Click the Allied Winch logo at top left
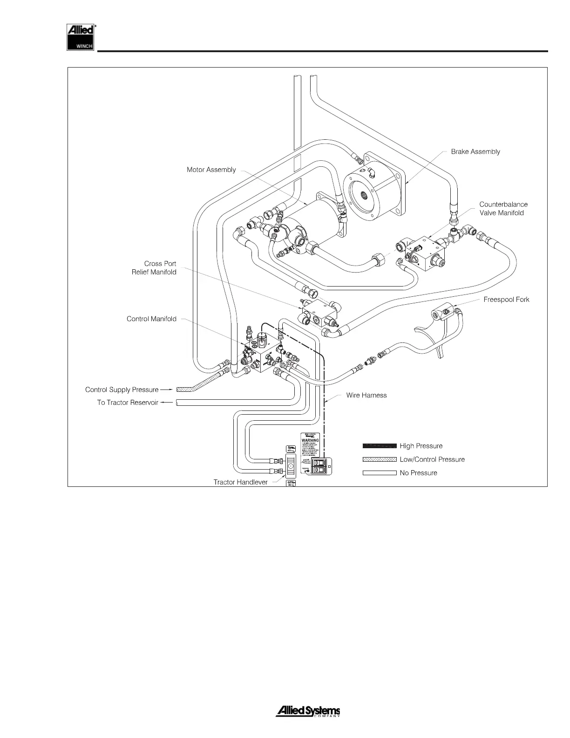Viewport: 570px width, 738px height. tap(81, 37)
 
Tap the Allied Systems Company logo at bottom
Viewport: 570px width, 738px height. tap(308, 712)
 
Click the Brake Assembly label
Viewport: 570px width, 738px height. tap(475, 151)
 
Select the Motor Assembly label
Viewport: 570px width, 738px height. tap(211, 170)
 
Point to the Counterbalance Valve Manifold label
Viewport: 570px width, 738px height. tap(503, 209)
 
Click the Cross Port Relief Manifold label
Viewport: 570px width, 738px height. tap(154, 268)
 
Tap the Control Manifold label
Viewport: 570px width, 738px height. tap(151, 319)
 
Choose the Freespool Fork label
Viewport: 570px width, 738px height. tap(506, 300)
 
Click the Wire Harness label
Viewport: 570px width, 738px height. tap(366, 395)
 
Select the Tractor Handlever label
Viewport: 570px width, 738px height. tap(240, 482)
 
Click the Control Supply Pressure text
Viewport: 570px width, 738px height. tap(122, 389)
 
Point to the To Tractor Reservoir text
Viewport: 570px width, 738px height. tap(128, 403)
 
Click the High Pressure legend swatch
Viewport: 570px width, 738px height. tap(380, 446)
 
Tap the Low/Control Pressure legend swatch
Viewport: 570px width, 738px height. tap(380, 459)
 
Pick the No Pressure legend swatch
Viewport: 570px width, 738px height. tap(380, 473)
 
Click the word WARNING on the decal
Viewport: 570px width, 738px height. tap(310, 440)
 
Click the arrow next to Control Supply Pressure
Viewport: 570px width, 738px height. tap(167, 389)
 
